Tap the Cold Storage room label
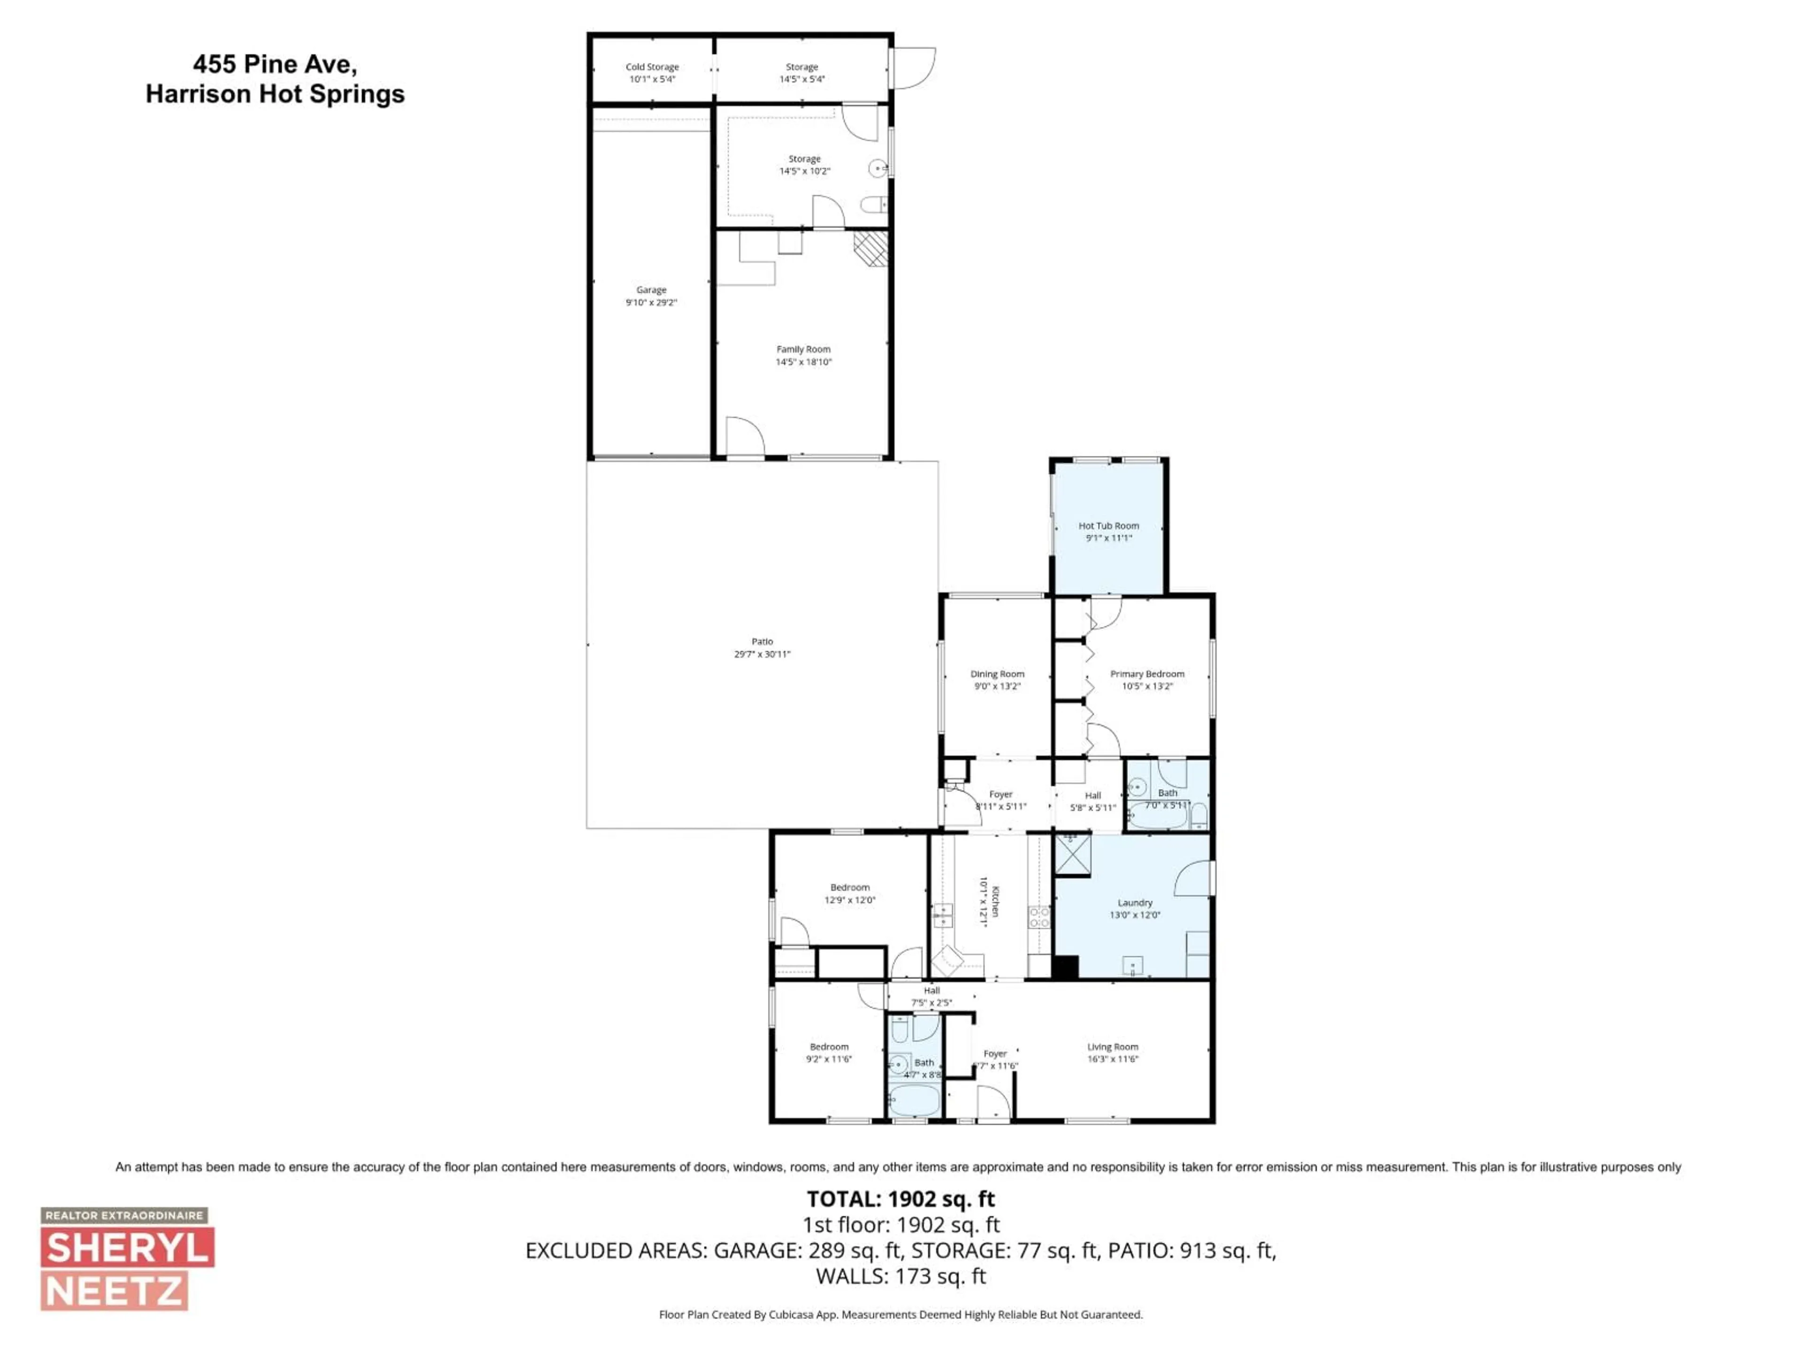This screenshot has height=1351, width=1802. (x=652, y=67)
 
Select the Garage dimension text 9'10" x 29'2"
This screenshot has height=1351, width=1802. (x=651, y=302)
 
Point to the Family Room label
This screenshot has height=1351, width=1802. (x=803, y=349)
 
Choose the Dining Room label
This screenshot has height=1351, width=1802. (x=997, y=674)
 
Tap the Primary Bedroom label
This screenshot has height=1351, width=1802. (x=1147, y=674)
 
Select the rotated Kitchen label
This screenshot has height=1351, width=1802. (x=995, y=902)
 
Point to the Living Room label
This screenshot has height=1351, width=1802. (x=1112, y=1047)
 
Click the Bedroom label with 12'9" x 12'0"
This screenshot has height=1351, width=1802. (x=850, y=888)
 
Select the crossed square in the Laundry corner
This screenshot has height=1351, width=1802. (x=1072, y=853)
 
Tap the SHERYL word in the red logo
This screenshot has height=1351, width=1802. (x=127, y=1248)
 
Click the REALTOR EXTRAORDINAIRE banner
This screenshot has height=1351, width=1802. (x=124, y=1215)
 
